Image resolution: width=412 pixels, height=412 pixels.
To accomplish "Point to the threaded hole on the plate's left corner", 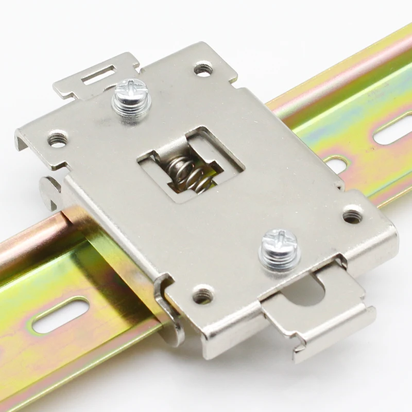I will [58, 139].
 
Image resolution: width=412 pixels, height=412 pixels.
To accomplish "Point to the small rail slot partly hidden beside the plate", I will [337, 165].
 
